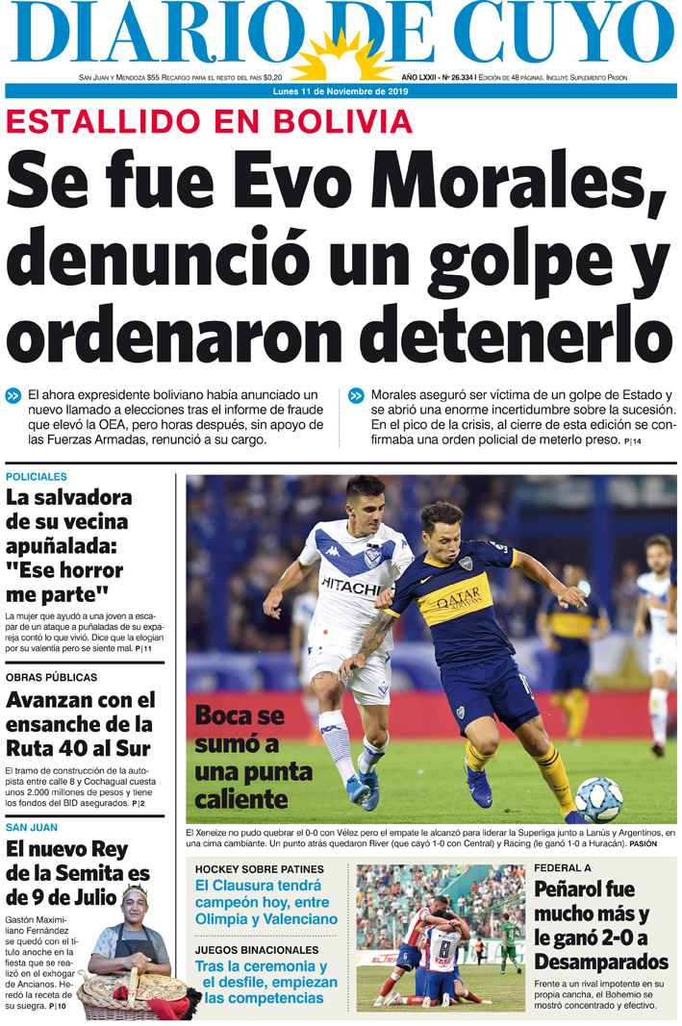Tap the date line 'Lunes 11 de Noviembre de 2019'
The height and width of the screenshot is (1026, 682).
click(341, 91)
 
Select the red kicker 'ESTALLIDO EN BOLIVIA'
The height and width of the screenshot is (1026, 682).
click(210, 122)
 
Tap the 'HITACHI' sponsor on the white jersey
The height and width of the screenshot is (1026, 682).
click(350, 585)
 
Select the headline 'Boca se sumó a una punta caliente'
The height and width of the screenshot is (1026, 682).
click(252, 757)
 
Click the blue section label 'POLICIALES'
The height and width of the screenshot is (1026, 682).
click(37, 477)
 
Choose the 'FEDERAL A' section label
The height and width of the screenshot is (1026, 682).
click(563, 868)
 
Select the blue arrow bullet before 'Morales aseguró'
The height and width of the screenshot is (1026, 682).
click(356, 395)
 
